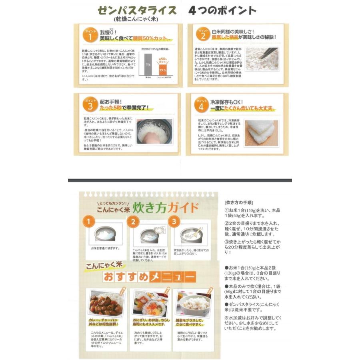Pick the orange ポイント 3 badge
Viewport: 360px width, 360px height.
89,104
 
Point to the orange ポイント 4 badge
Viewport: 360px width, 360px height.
202,104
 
